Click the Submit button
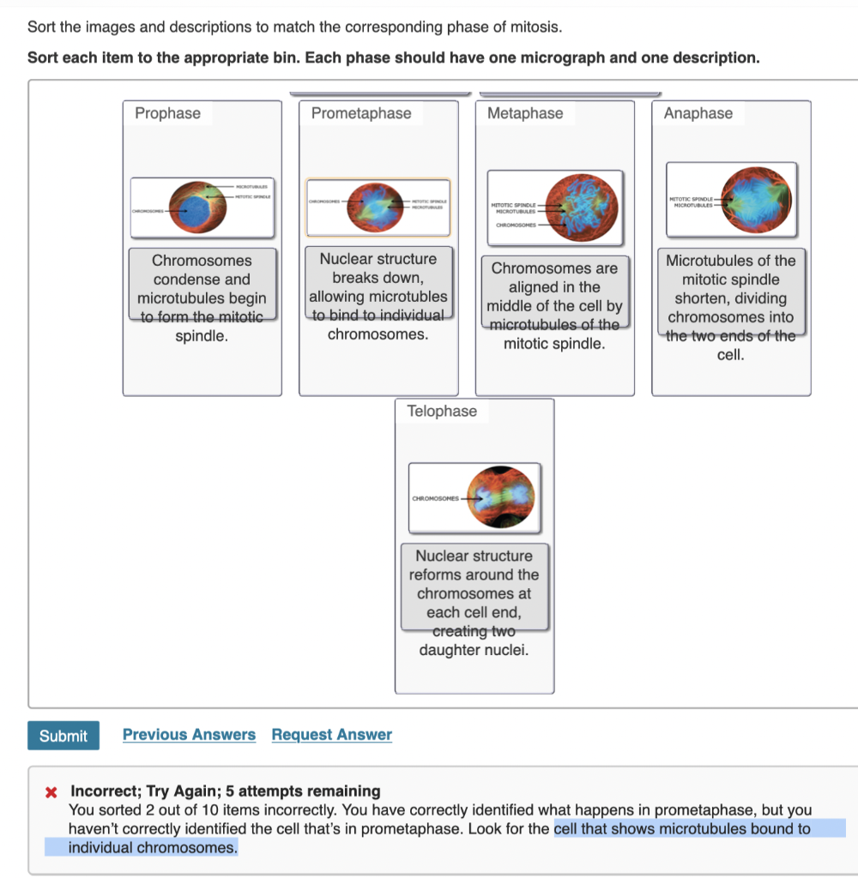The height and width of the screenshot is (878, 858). pos(63,736)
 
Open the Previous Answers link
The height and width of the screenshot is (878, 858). pos(189,735)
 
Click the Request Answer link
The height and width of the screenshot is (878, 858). pos(331,735)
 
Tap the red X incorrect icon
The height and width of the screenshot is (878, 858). pos(51,791)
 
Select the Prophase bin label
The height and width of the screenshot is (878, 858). pos(167,113)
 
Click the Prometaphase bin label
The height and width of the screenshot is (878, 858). pos(360,113)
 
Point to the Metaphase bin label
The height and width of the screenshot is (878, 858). pos(525,113)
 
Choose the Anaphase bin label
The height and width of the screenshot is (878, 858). pos(698,113)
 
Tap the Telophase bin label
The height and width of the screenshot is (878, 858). pos(442,412)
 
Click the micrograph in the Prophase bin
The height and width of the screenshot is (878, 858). pos(202,207)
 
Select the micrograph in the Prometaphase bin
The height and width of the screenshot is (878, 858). pos(378,207)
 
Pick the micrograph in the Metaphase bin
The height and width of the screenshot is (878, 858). pos(555,207)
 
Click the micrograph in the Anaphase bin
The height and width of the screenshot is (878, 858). pos(731,199)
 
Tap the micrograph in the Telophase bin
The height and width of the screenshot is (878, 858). pos(474,496)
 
